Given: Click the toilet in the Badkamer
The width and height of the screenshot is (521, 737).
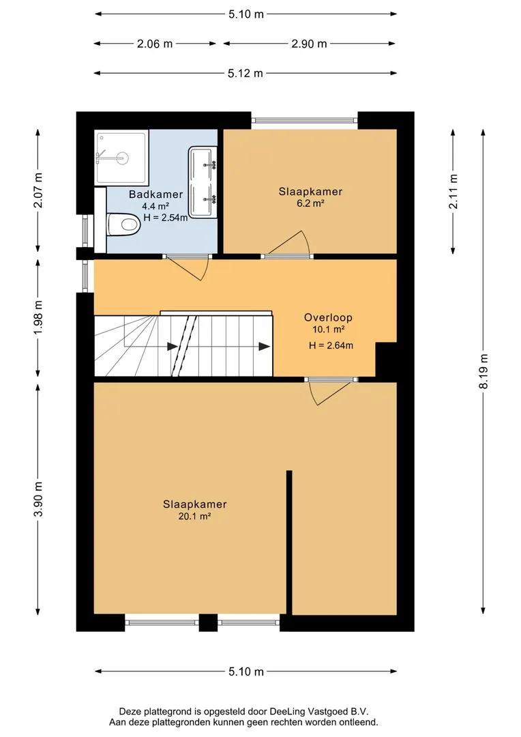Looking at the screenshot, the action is tap(124, 225).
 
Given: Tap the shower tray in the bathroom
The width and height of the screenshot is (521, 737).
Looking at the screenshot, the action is tap(121, 158).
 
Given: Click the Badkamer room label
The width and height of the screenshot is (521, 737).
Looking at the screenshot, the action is tap(156, 194).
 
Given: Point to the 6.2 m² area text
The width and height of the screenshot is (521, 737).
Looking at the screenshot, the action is tap(310, 203).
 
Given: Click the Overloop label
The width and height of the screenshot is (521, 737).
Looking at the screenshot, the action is tap(328, 317).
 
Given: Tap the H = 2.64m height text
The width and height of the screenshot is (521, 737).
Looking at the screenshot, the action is tap(331, 345).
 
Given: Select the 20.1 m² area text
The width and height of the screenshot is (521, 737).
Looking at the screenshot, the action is tap(195, 517).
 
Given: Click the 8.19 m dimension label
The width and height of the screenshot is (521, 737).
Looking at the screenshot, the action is tap(483, 371).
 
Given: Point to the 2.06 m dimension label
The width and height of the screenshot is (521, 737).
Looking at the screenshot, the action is tap(155, 44).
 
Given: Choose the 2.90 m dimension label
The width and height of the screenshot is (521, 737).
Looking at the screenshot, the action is tap(309, 44).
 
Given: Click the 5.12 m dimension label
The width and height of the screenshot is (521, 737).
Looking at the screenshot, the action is tap(245, 73).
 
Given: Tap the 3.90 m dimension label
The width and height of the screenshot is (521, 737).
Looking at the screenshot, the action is tap(38, 499).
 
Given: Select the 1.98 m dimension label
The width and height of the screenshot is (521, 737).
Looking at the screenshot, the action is tap(38, 317).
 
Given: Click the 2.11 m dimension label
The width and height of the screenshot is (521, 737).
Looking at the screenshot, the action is tap(453, 191).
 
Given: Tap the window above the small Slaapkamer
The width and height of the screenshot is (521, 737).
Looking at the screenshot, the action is tap(304, 120).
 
